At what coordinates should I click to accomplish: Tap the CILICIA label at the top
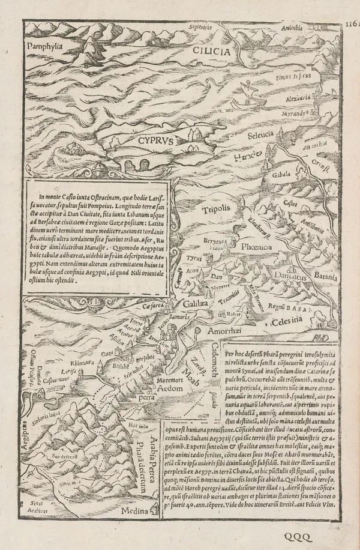[211, 52]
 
